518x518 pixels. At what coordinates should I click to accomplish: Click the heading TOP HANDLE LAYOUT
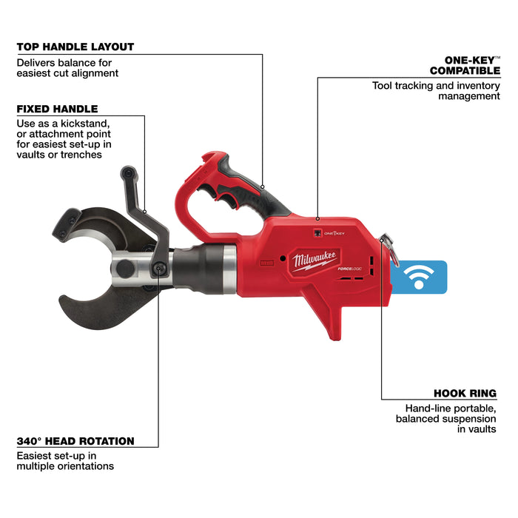75,47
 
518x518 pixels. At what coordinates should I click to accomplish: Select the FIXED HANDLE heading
57,109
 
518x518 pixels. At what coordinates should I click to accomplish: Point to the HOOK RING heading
465,394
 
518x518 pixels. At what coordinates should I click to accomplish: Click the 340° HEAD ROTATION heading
75,441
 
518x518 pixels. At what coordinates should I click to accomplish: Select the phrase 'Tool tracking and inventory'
435,86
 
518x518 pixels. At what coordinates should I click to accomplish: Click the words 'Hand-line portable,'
451,408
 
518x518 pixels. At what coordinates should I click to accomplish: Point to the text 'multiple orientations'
65,466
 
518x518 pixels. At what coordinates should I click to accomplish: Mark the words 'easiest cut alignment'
67,73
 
